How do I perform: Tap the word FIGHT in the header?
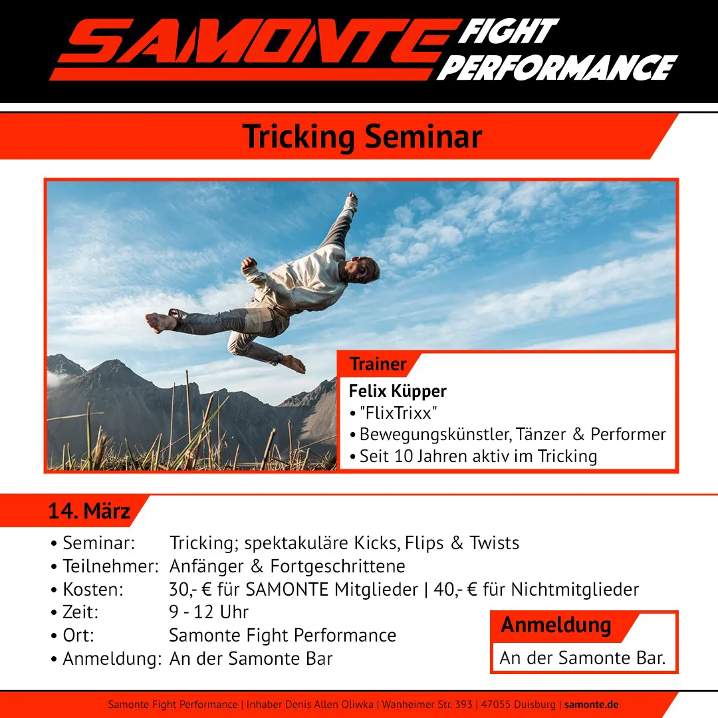(x=509, y=31)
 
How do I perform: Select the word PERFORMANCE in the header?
(x=557, y=68)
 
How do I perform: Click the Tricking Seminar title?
(x=362, y=136)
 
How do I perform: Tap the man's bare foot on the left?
(x=160, y=322)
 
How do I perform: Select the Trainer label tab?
(x=378, y=364)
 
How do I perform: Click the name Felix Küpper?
(x=398, y=391)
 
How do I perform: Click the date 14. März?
(x=89, y=511)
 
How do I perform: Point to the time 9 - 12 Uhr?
(x=209, y=612)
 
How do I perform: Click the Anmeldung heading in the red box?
(x=556, y=625)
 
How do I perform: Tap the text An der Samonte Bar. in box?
(x=582, y=658)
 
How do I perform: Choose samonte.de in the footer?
(x=591, y=704)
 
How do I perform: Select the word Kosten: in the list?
(x=92, y=589)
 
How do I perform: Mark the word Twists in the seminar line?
(x=494, y=543)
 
